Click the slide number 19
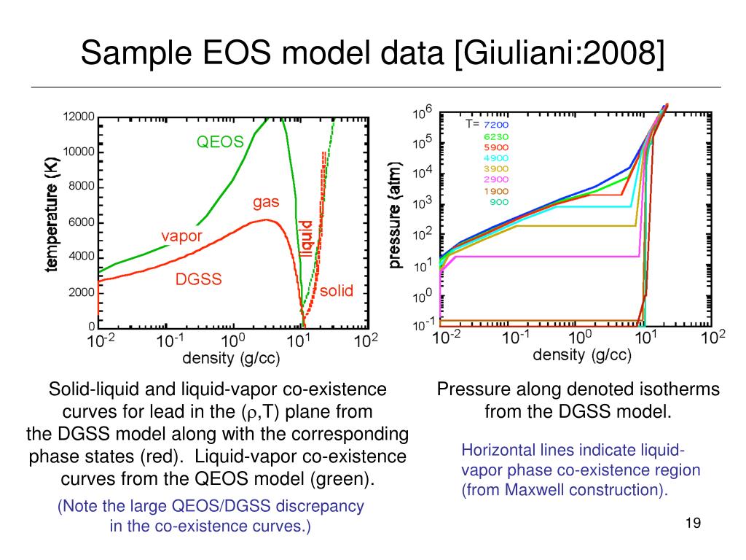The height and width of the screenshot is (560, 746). point(693,524)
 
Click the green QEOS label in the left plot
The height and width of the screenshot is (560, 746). point(220,143)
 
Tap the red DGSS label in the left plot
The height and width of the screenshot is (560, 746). point(198,279)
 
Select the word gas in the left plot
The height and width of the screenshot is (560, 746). point(267,202)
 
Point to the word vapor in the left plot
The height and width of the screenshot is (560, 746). point(181,236)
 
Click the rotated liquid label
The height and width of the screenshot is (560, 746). point(306,239)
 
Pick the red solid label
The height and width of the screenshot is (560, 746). point(337,291)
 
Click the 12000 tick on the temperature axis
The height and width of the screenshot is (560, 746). point(77,117)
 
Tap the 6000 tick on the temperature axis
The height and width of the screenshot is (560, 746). point(81,222)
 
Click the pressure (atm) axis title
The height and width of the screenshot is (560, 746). point(397,215)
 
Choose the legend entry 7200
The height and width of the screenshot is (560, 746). point(496,125)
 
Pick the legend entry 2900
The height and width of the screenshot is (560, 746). point(496,179)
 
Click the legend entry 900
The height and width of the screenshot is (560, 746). point(499,202)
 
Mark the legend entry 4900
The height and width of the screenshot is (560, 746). point(496,157)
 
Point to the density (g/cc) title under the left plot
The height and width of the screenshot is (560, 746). point(230,359)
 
